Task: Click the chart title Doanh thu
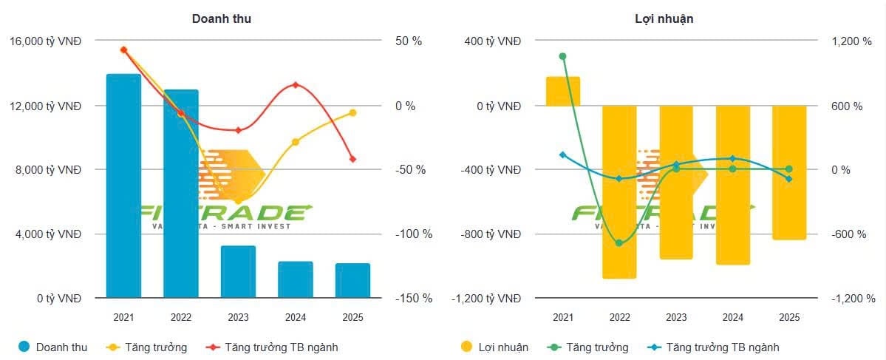(x=221, y=18)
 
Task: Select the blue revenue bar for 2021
(x=123, y=186)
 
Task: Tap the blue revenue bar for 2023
(x=238, y=271)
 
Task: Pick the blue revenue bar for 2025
(x=352, y=280)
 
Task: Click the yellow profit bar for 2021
(x=563, y=91)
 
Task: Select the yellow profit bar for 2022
(x=619, y=191)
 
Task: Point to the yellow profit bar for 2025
(x=789, y=172)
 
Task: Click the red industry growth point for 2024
(x=296, y=85)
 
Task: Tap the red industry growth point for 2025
(x=352, y=159)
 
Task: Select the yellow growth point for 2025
(x=352, y=112)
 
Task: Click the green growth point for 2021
(x=563, y=56)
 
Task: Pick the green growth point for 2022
(x=619, y=243)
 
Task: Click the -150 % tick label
(x=415, y=298)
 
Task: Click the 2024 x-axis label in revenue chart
(x=296, y=317)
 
